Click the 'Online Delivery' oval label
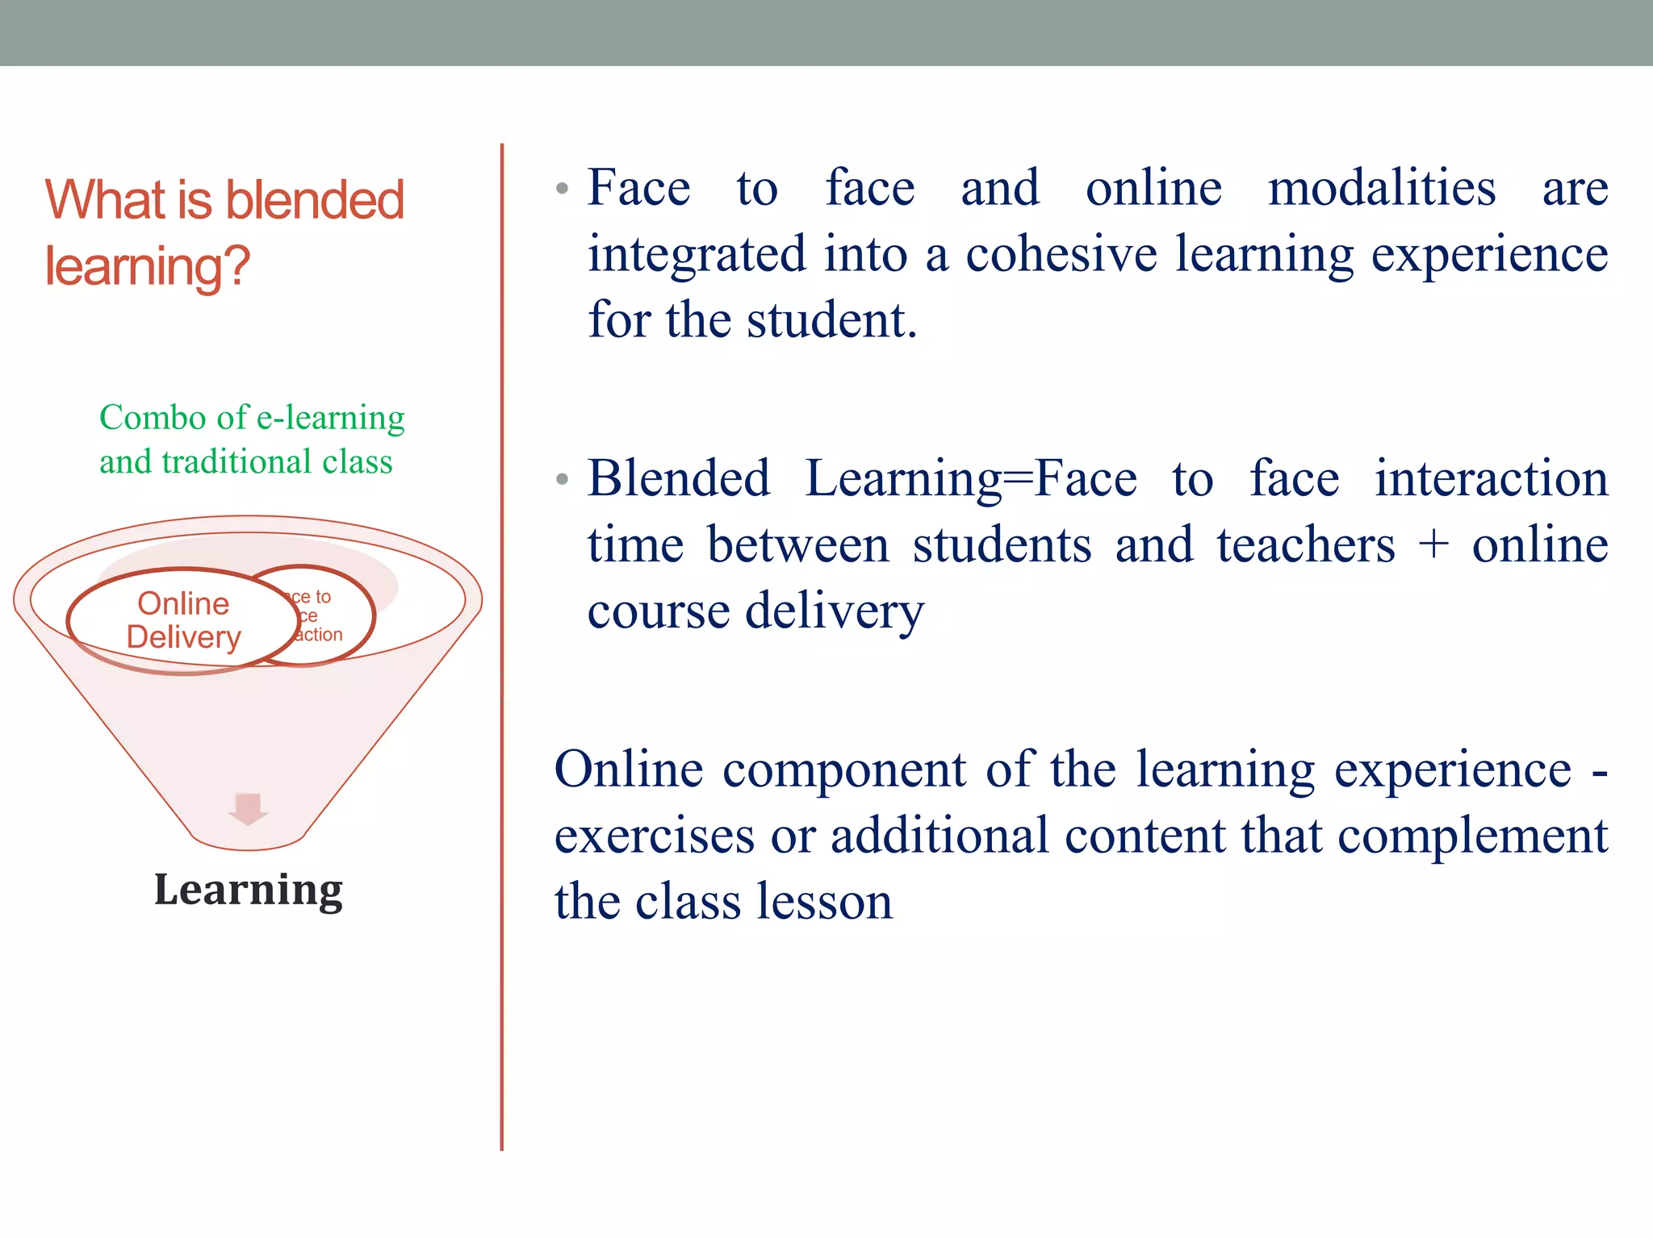click(183, 620)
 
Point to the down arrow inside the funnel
click(248, 808)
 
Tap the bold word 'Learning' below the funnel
click(248, 891)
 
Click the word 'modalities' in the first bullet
click(1381, 188)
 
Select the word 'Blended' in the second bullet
click(678, 478)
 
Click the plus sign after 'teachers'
click(1433, 544)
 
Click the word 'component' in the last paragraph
click(843, 770)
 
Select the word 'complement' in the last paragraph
click(1472, 836)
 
